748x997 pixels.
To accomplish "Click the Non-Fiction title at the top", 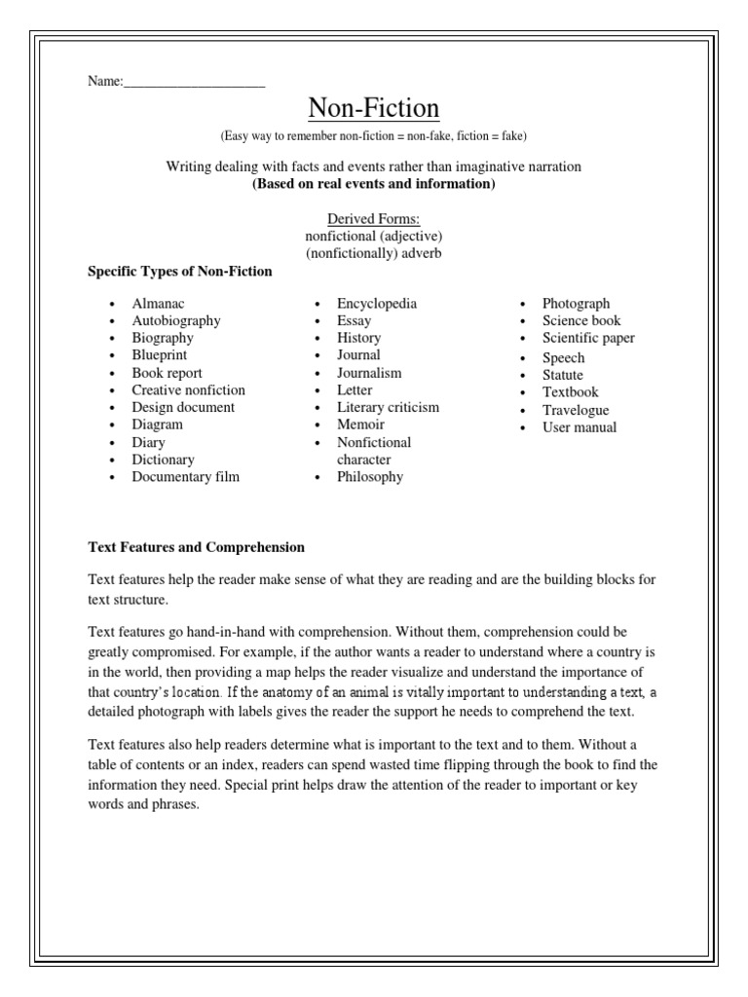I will click(374, 106).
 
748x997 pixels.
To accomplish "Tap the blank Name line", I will click(195, 82).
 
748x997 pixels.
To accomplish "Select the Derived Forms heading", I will click(373, 219).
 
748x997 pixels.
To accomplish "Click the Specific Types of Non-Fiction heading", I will click(180, 272).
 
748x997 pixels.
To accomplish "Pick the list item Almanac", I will click(158, 304).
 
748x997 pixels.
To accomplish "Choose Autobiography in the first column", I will click(176, 321).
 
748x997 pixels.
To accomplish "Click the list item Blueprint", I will click(160, 355).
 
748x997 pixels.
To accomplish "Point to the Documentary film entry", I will click(185, 477).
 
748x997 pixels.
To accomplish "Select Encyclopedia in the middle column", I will click(377, 304).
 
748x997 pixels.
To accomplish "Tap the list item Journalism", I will click(369, 373).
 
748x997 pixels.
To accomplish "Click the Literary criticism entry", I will click(388, 407).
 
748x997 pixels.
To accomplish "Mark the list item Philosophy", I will click(370, 477).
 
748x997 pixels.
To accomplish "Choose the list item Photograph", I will click(576, 304).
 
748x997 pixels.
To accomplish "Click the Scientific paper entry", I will click(588, 339).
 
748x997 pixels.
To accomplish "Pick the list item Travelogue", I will click(576, 410).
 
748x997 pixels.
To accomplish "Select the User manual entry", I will click(580, 427).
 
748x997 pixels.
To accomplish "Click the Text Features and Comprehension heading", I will click(197, 547).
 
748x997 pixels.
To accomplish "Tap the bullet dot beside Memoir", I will click(318, 425).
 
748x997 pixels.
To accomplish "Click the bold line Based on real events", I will click(374, 184).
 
